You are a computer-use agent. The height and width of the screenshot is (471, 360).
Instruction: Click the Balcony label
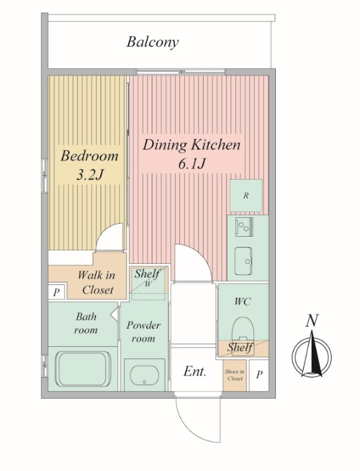pos(152,42)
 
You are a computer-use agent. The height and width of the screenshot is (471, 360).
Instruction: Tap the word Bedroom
pos(89,156)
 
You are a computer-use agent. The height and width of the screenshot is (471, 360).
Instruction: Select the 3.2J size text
pos(89,175)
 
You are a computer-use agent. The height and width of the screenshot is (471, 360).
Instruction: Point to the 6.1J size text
pos(192,164)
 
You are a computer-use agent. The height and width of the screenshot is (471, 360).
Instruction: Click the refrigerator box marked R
pos(246,195)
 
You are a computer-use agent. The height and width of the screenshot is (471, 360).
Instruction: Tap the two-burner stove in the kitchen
pos(244,227)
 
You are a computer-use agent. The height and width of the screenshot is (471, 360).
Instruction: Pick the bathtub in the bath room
pos(82,369)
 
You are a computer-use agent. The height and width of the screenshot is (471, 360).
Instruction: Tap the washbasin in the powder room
pos(144,374)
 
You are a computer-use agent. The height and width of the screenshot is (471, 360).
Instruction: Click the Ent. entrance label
pos(195,372)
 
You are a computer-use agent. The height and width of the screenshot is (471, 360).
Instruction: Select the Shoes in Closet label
pos(235,375)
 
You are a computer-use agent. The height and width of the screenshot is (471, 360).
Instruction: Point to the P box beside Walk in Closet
pos(56,292)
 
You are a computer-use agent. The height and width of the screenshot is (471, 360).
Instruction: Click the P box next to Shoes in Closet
pos(259,374)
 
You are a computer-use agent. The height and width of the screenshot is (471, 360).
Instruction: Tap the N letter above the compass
pos(312,320)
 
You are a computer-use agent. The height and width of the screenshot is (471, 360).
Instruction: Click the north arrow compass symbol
pos(312,354)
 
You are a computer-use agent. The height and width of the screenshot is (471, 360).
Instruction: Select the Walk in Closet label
pos(96,283)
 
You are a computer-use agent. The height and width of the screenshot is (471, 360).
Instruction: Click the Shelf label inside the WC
pos(240,347)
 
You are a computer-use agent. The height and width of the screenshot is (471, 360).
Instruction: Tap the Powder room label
pos(144,331)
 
